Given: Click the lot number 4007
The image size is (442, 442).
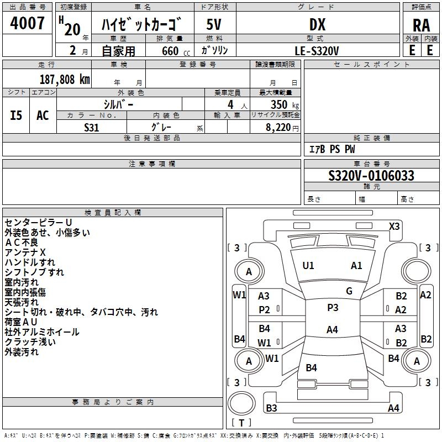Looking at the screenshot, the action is (27, 23).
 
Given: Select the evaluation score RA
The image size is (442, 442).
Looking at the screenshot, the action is (421, 24).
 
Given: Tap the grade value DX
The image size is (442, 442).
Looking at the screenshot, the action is (317, 24).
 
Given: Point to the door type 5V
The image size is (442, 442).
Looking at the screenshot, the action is (214, 24).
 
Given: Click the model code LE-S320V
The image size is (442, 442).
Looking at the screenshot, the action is (317, 50).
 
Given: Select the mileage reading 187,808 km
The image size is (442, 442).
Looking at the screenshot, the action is (65, 79).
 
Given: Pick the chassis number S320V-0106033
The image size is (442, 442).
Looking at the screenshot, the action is (371, 176).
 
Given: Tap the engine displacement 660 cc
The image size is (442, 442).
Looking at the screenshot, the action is (170, 51).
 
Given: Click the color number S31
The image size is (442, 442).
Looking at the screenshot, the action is (91, 127).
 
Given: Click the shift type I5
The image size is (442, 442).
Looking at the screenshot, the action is (16, 115).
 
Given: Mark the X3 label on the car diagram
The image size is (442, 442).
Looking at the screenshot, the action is (394, 226).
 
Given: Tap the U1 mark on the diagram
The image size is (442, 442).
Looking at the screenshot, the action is (308, 265).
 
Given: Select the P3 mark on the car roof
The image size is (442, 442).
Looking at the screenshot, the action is (333, 308).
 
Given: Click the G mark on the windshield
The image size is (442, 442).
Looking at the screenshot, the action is (349, 291).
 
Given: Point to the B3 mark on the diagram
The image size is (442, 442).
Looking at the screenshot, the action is (271, 408).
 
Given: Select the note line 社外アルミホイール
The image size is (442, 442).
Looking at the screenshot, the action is (41, 332).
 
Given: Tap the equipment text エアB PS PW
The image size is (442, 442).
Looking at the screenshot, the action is (332, 149).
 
